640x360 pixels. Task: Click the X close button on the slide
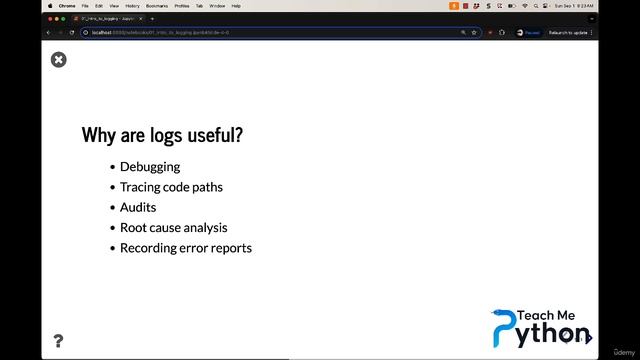point(59,60)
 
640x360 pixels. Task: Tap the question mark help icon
point(58,341)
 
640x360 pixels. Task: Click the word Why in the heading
point(98,135)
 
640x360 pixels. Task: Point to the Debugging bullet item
point(150,167)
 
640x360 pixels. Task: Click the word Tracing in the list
point(141,187)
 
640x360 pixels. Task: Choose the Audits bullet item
point(138,207)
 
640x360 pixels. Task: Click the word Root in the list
point(133,228)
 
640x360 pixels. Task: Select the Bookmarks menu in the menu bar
point(157,6)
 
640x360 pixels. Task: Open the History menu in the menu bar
point(132,6)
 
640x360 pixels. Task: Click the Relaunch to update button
point(568,32)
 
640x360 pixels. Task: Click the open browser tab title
point(108,18)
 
